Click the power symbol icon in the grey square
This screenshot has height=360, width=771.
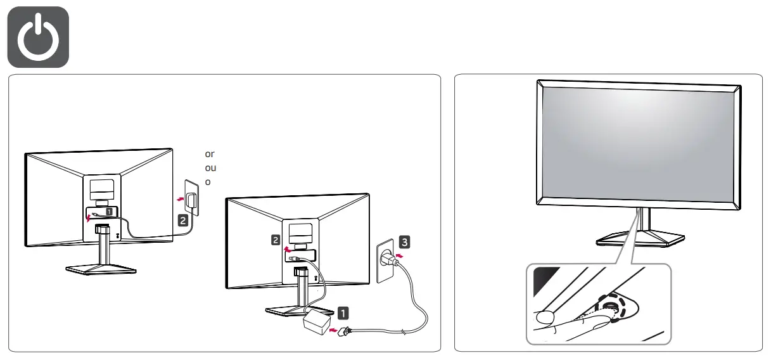point(38,36)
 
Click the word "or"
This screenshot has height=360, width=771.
point(210,154)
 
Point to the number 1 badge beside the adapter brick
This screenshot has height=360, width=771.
point(343,312)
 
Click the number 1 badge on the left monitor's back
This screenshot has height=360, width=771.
point(109,210)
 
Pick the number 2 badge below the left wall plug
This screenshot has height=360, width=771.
point(184,221)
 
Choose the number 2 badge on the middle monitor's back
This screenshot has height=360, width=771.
point(276,240)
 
